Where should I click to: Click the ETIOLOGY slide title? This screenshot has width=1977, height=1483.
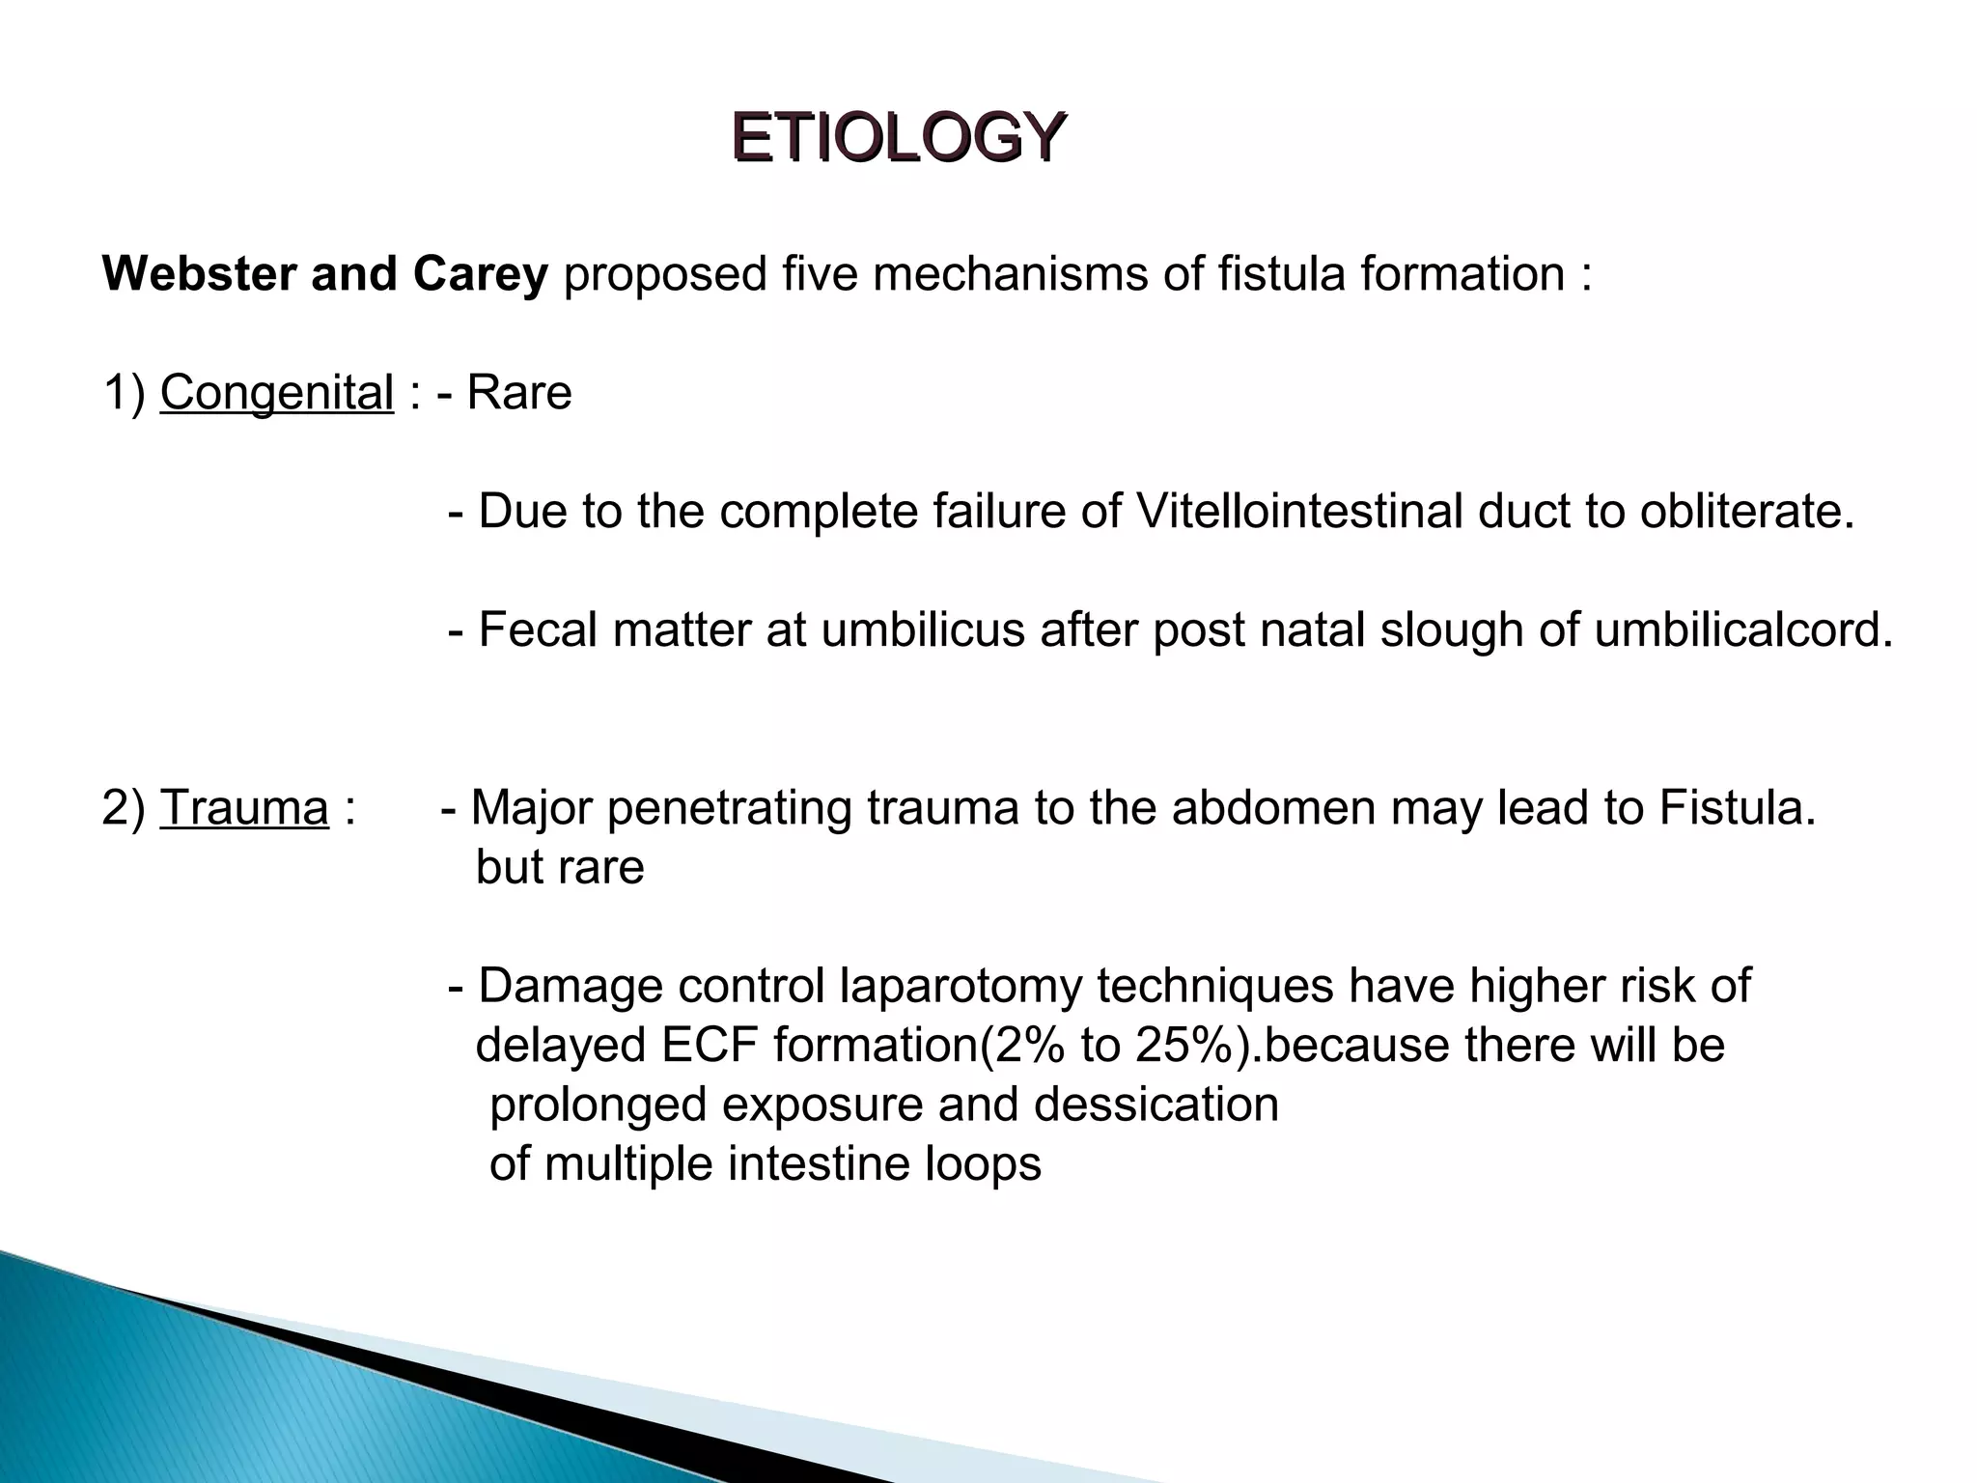(x=898, y=138)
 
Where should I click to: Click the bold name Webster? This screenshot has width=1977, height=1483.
(x=198, y=274)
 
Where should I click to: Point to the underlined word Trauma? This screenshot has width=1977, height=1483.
(x=244, y=808)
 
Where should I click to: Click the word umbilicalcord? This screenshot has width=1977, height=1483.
(x=1741, y=630)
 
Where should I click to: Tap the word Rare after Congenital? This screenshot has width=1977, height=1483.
(x=519, y=393)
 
